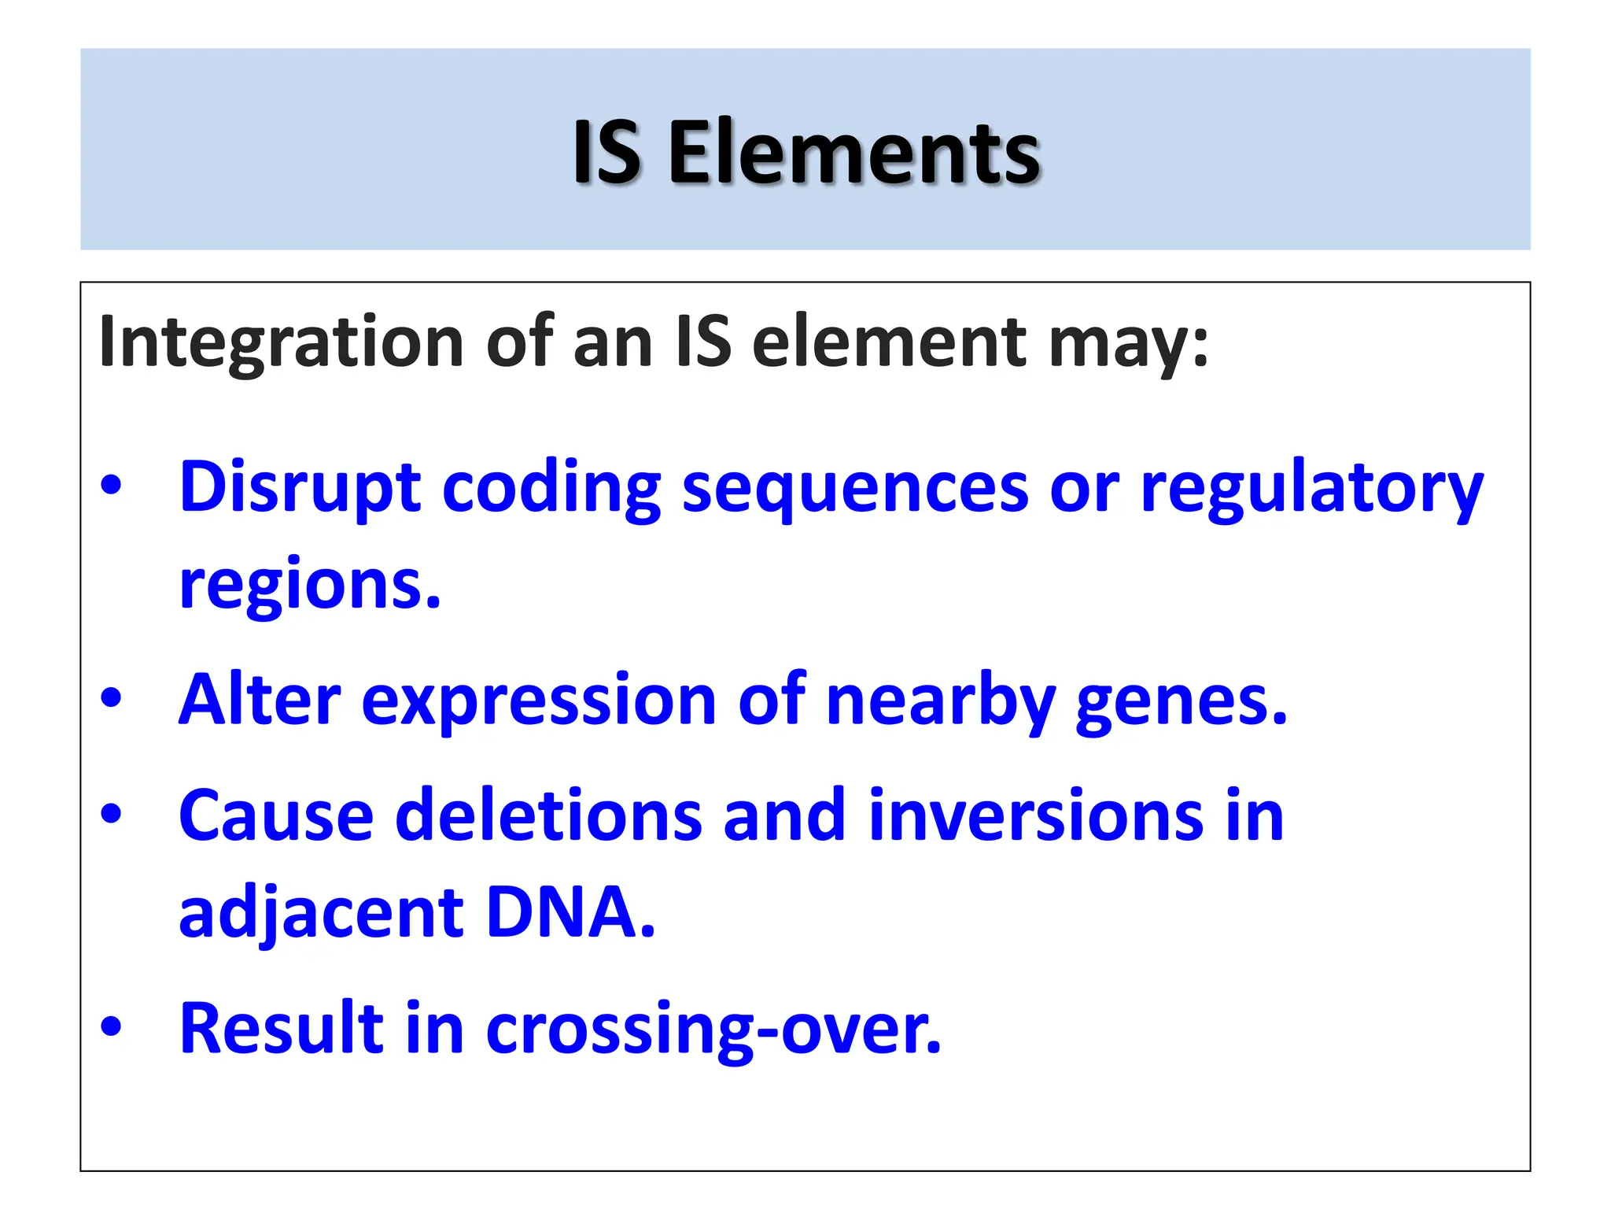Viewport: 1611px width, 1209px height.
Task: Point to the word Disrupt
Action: coord(300,488)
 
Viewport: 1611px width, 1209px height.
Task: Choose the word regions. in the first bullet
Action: coord(310,586)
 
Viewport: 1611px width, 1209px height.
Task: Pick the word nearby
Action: coord(940,701)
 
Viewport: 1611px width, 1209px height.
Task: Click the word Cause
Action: coord(276,816)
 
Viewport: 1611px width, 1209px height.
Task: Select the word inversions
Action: coord(1036,816)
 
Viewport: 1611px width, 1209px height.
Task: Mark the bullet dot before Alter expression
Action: coord(111,697)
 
